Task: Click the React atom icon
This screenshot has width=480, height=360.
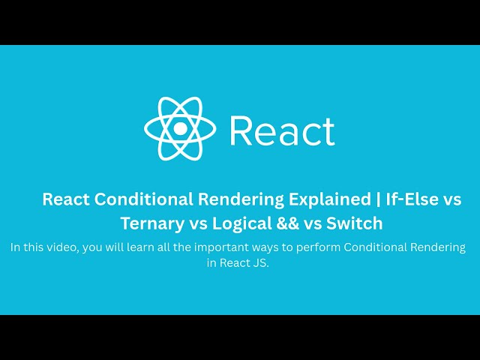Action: coord(180,128)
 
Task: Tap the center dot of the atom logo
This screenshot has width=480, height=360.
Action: coord(180,128)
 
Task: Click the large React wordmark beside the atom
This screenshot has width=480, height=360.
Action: coord(282,130)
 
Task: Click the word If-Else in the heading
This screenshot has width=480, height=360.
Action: coord(411,199)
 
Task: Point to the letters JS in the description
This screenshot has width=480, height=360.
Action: coord(259,262)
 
